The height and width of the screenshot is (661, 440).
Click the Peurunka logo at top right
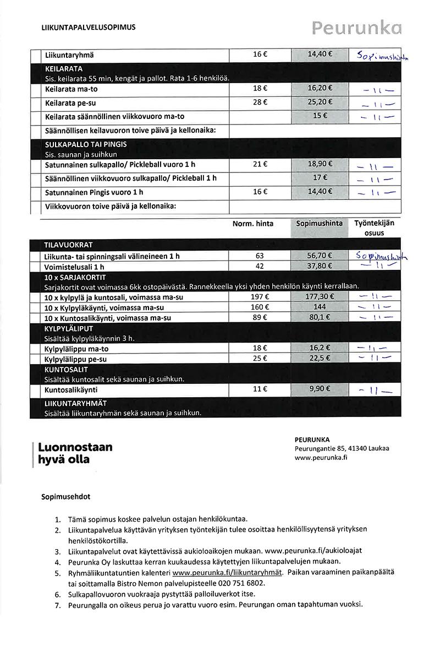pos(356,28)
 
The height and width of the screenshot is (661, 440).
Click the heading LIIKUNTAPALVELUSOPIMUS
pos(88,27)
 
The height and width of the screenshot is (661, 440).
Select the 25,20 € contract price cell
pos(320,102)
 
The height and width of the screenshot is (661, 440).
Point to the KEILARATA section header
pos(64,69)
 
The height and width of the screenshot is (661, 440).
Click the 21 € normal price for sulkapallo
pos(260,164)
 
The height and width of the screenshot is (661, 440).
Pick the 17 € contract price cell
pos(320,177)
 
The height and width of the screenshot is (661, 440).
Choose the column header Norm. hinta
pos(252,224)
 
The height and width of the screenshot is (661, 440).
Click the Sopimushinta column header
pos(320,224)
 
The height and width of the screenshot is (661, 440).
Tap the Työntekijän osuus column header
pos(374,228)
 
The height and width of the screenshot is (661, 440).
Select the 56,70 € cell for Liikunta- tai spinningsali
pos(320,256)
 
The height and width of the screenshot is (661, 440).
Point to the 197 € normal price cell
pos(260,297)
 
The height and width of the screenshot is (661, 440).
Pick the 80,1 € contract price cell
pos(320,317)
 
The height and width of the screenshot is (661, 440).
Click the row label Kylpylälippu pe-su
pos(76,359)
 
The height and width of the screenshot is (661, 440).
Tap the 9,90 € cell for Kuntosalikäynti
pos(320,389)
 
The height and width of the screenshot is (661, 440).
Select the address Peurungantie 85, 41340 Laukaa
pos(342,448)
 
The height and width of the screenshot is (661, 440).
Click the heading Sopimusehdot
pos(66,496)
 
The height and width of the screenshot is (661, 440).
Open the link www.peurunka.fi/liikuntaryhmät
pos(227,572)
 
